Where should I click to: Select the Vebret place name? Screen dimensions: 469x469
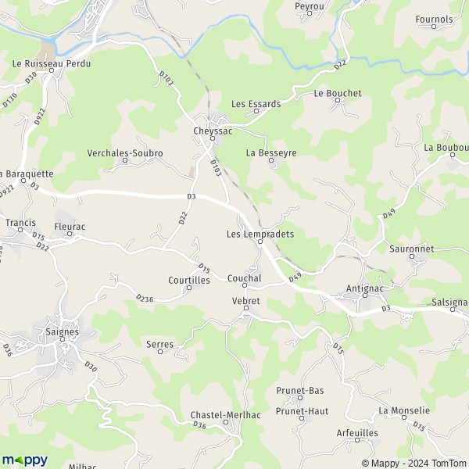coord(245,300)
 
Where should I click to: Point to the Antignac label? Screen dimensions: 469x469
coord(363,288)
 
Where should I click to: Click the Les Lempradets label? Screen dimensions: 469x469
coord(260,233)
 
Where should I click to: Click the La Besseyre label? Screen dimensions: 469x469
coord(271,153)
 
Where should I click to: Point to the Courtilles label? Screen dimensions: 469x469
coord(188,279)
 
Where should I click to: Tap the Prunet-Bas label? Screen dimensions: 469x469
coord(300,390)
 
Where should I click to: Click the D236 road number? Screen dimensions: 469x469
coord(144,298)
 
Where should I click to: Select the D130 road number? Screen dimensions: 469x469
coord(9,100)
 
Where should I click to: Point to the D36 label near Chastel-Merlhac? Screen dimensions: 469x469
coord(199,425)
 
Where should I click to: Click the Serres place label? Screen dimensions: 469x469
coord(159,343)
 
